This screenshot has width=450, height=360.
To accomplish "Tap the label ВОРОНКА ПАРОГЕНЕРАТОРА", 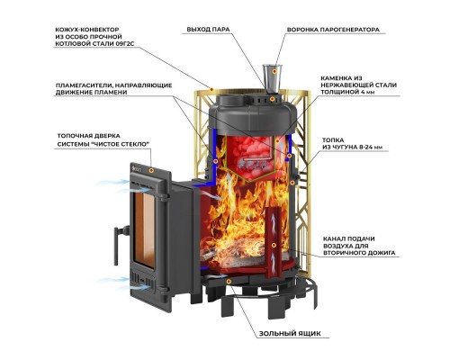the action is coord(333,30).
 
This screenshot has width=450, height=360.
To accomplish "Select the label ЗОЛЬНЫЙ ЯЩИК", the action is coord(290,333).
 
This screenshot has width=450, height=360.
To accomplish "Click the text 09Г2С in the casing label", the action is coord(124,44).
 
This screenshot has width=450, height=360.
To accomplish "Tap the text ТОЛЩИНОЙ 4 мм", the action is coord(348,92).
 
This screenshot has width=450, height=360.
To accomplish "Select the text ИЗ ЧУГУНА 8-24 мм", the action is coord(353,148).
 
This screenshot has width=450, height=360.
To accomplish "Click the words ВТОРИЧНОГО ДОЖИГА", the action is coord(359,253).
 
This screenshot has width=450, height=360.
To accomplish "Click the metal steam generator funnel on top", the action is coord(272,78).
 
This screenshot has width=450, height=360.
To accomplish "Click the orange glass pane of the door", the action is coord(144,229).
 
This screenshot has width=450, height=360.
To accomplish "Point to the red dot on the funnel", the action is coord(274,72).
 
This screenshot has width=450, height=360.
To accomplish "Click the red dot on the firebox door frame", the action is coord(152,170).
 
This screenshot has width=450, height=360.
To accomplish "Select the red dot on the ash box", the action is coord(229,281).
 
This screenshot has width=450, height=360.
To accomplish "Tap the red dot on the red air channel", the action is coord(274,245).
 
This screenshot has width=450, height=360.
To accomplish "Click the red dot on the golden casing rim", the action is coord(211,89).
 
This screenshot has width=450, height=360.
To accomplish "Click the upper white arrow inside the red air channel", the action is coord(273,220).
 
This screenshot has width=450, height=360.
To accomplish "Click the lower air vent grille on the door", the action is coord(143,281).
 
